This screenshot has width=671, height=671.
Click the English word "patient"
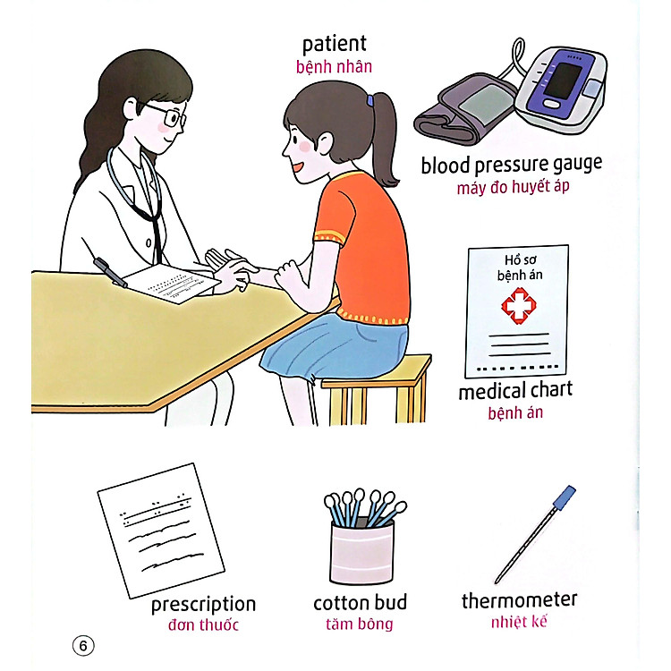pyautogui.click(x=334, y=44)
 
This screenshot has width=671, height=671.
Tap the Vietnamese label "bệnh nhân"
pyautogui.click(x=334, y=67)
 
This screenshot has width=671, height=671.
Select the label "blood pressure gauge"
pyautogui.click(x=511, y=165)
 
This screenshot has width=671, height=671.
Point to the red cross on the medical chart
pyautogui.click(x=514, y=308)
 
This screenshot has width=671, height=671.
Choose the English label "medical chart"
pyautogui.click(x=514, y=391)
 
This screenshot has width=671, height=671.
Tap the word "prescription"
pyautogui.click(x=203, y=605)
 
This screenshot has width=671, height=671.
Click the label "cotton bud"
pyautogui.click(x=360, y=602)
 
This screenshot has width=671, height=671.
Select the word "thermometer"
pyautogui.click(x=519, y=599)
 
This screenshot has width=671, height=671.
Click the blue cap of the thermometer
pyautogui.click(x=565, y=495)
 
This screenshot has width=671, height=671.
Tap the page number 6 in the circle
pyautogui.click(x=82, y=644)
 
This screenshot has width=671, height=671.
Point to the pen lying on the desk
pyautogui.click(x=111, y=272)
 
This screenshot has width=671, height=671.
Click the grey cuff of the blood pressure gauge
pyautogui.click(x=456, y=112)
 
